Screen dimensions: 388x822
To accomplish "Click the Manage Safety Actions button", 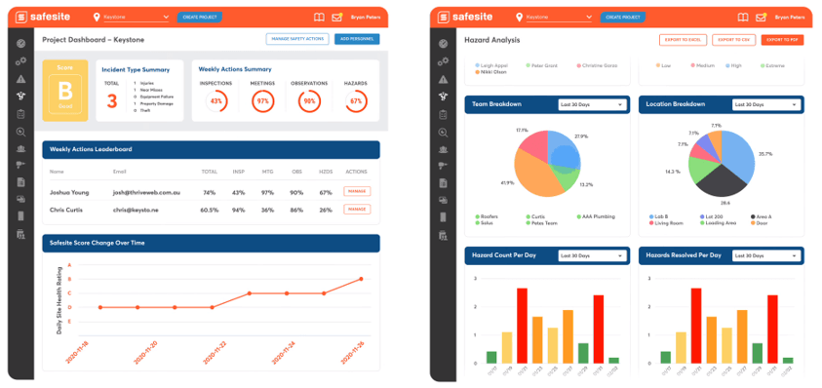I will coord(296,39).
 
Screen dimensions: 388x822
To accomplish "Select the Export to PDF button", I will coord(783,39).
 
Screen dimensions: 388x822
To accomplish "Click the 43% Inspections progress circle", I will coord(216,100).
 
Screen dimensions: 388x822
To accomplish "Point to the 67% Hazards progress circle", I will coord(356,100).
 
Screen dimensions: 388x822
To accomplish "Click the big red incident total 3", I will coord(112,99).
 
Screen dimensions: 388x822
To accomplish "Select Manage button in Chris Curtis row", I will coord(357,209).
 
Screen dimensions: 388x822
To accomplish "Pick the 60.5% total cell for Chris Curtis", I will coord(208,209).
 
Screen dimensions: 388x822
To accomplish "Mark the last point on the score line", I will coord(361,279).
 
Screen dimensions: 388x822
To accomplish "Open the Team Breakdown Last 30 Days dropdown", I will coord(591,104).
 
